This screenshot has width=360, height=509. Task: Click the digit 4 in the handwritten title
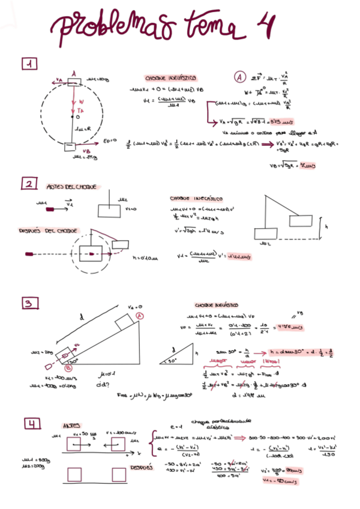pyautogui.click(x=262, y=26)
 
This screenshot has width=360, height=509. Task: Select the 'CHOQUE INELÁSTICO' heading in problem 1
pyautogui.click(x=170, y=78)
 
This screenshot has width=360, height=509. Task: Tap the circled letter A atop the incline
pyautogui.click(x=139, y=315)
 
